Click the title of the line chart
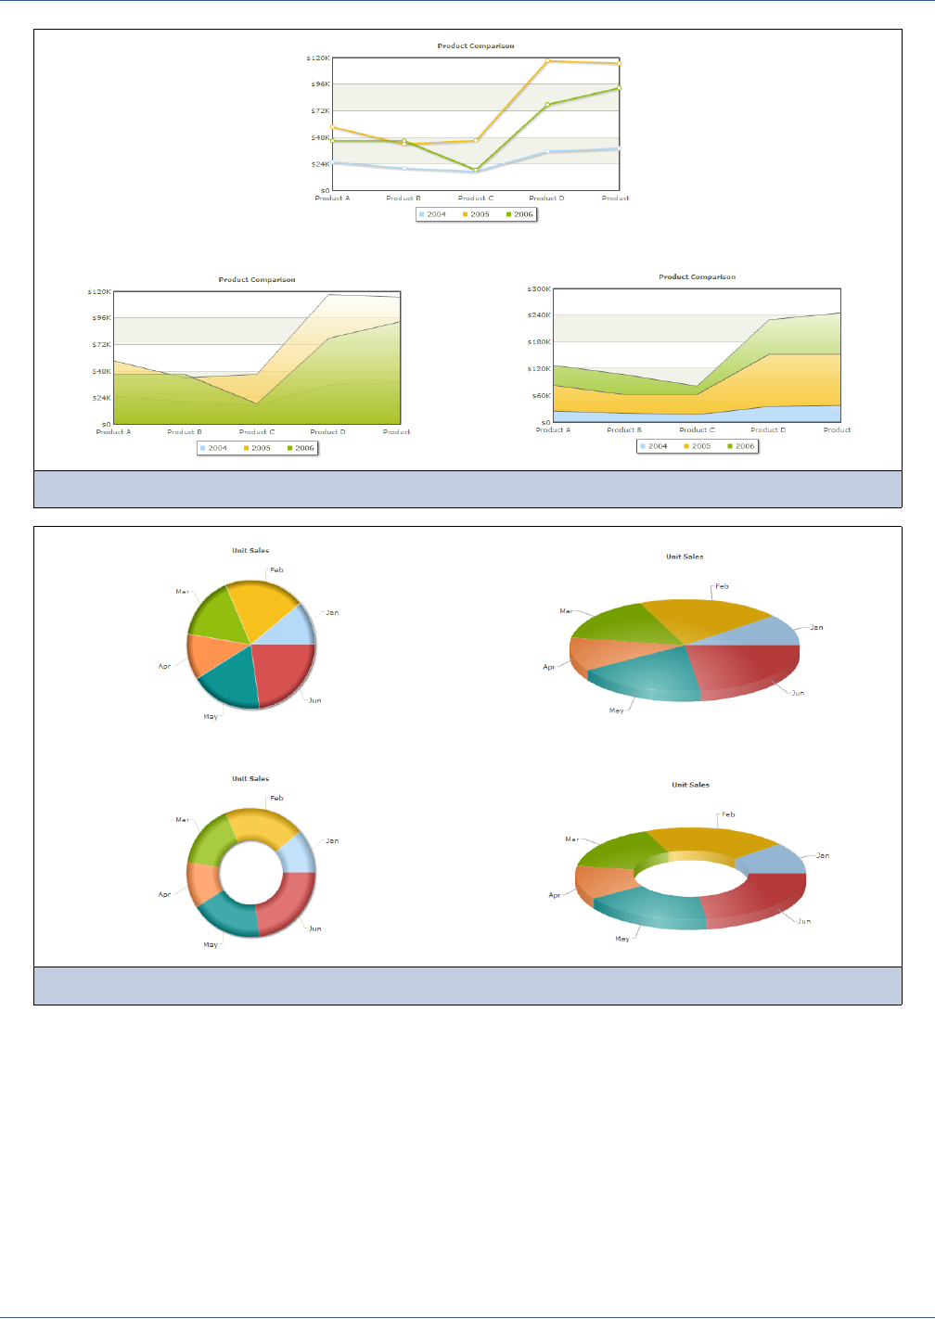[x=476, y=45]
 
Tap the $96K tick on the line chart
[x=320, y=84]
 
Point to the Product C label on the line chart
[x=476, y=198]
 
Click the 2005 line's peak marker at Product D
[x=547, y=61]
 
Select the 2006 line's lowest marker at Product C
[x=476, y=171]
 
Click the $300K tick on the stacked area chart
[x=539, y=289]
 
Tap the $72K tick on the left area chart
[x=101, y=345]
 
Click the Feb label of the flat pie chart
[x=276, y=570]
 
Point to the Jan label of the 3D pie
[x=816, y=628]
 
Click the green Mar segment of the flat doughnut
[x=210, y=840]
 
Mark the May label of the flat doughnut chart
[x=211, y=945]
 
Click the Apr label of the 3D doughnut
[x=555, y=896]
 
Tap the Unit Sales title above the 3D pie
[x=685, y=557]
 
